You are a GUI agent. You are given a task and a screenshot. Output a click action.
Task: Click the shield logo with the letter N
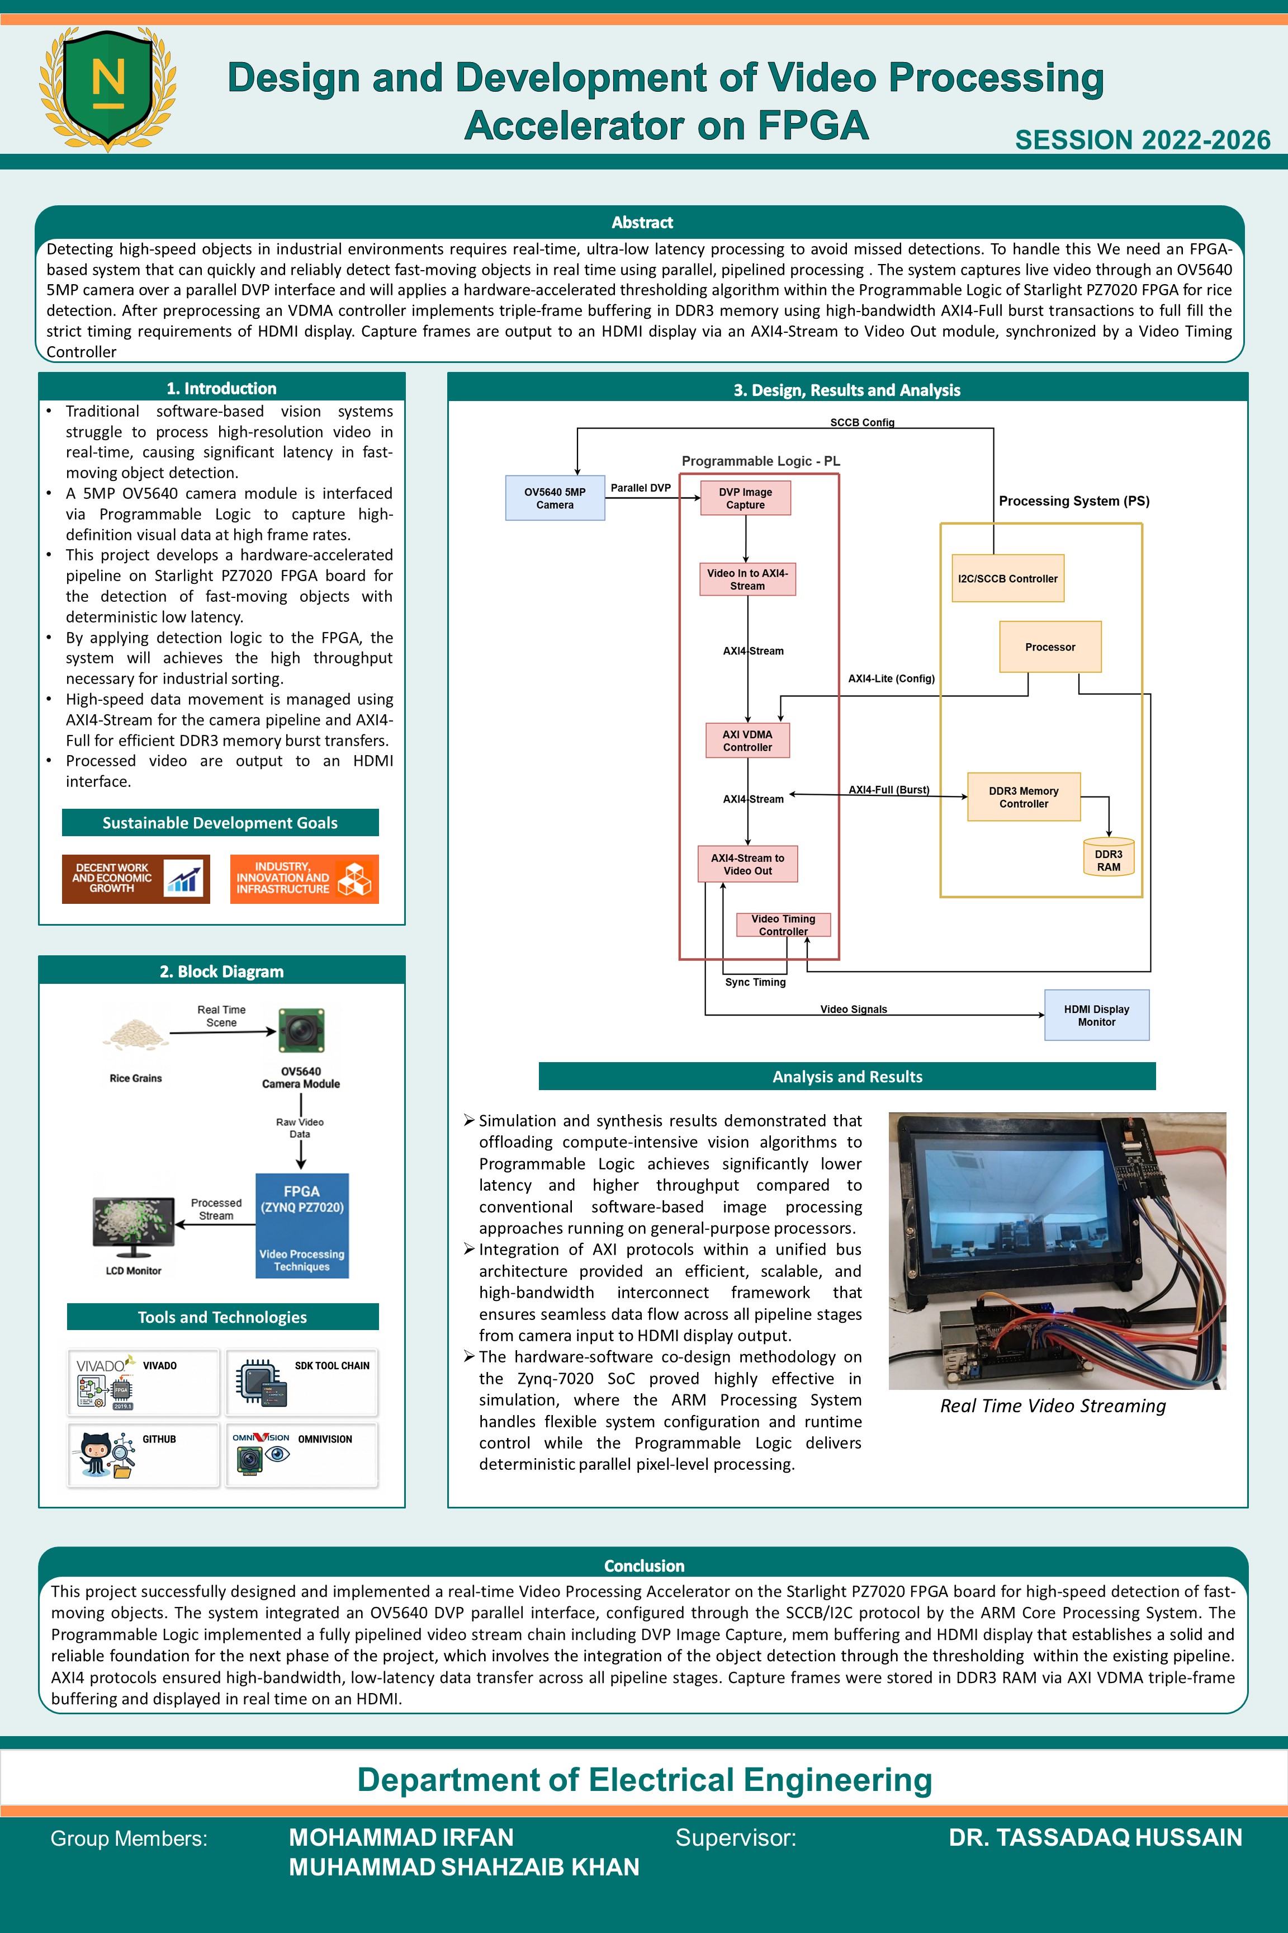pyautogui.click(x=107, y=88)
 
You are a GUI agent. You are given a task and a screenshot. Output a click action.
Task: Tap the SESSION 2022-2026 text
pyautogui.click(x=1143, y=140)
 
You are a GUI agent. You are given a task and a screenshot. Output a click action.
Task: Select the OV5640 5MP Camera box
pyautogui.click(x=555, y=498)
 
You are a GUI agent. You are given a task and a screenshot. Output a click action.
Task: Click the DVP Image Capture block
pyautogui.click(x=745, y=498)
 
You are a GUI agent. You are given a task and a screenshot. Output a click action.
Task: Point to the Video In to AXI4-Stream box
pyautogui.click(x=747, y=579)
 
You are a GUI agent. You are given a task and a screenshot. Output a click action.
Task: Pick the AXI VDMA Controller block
pyautogui.click(x=747, y=741)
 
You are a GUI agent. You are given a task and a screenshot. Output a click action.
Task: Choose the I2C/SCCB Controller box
pyautogui.click(x=1008, y=578)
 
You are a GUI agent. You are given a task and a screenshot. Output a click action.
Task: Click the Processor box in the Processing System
pyautogui.click(x=1050, y=647)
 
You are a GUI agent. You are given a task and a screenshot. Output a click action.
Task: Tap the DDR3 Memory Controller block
pyautogui.click(x=1024, y=797)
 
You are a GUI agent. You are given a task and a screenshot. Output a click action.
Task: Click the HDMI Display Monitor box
pyautogui.click(x=1097, y=1015)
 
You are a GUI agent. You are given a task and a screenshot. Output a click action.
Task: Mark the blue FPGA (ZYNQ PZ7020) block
pyautogui.click(x=302, y=1225)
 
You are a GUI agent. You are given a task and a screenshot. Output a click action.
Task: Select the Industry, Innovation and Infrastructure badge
pyautogui.click(x=304, y=879)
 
